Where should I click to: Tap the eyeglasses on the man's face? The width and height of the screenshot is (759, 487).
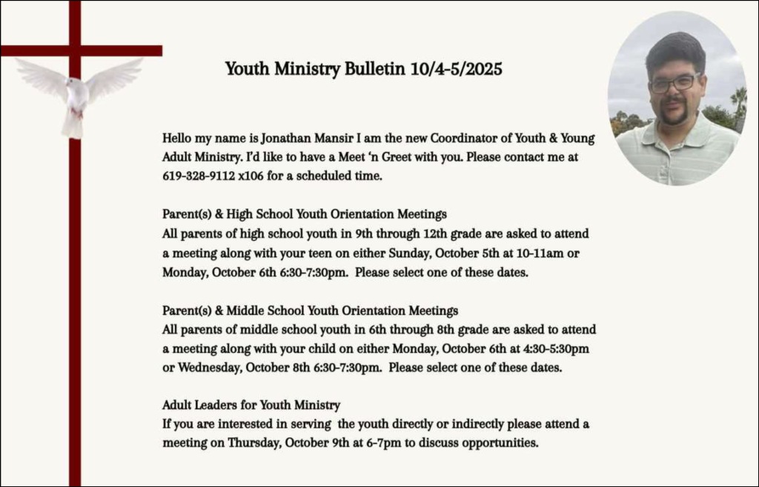pos(674,83)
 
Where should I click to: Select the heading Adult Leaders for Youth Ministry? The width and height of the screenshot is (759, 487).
pos(251,405)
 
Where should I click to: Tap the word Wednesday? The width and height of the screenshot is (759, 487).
pos(210,368)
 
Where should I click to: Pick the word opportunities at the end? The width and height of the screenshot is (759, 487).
pos(500,443)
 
